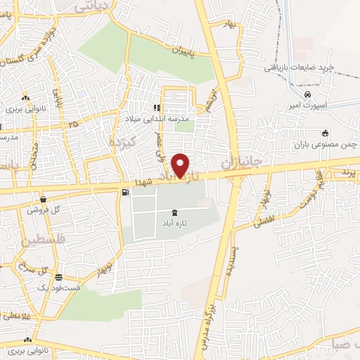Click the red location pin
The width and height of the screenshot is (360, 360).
point(181,165)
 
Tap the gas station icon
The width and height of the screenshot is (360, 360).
point(125,191)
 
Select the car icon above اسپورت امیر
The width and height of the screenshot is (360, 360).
point(307,94)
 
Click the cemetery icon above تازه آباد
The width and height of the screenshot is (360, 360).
point(174,212)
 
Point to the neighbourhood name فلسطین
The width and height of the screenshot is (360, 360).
point(32,241)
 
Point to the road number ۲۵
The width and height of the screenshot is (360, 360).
point(74,124)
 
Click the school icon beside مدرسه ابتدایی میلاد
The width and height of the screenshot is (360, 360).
point(157,108)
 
